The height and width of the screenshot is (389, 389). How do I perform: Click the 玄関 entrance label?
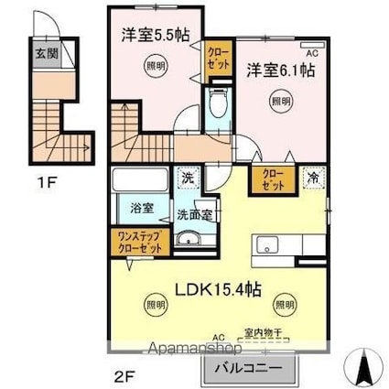point(47,53)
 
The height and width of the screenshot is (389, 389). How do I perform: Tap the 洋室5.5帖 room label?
point(157,35)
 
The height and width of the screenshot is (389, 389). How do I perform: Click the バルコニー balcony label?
point(251,369)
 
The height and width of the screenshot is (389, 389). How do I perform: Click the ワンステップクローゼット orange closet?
point(139,243)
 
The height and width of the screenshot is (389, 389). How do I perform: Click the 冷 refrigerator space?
point(314,178)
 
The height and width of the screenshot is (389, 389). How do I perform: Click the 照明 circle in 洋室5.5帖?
point(157,65)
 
